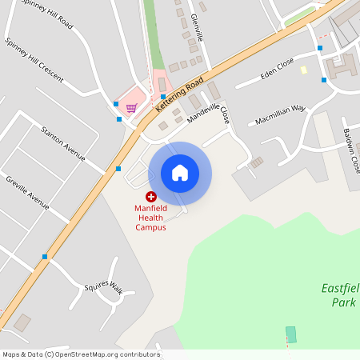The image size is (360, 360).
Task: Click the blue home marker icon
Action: coord(180,173)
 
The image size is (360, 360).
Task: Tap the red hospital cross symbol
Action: coord(150,197)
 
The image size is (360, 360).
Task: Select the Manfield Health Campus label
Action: coord(150,217)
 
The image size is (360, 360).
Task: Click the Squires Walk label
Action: coord(105,287)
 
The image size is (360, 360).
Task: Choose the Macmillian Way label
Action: coord(281,114)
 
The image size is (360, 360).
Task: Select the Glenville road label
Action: coord(198,28)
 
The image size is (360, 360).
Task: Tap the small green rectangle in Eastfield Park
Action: coord(291,334)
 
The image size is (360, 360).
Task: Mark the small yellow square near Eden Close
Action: coord(304,70)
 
